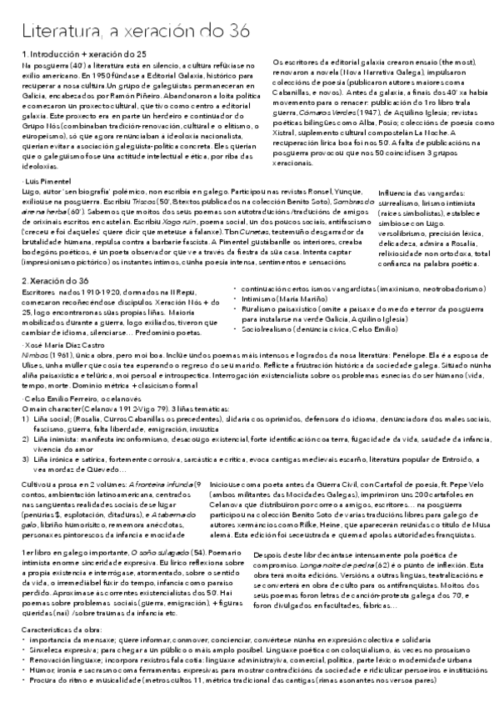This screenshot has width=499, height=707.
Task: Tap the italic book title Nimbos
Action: click(x=36, y=353)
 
